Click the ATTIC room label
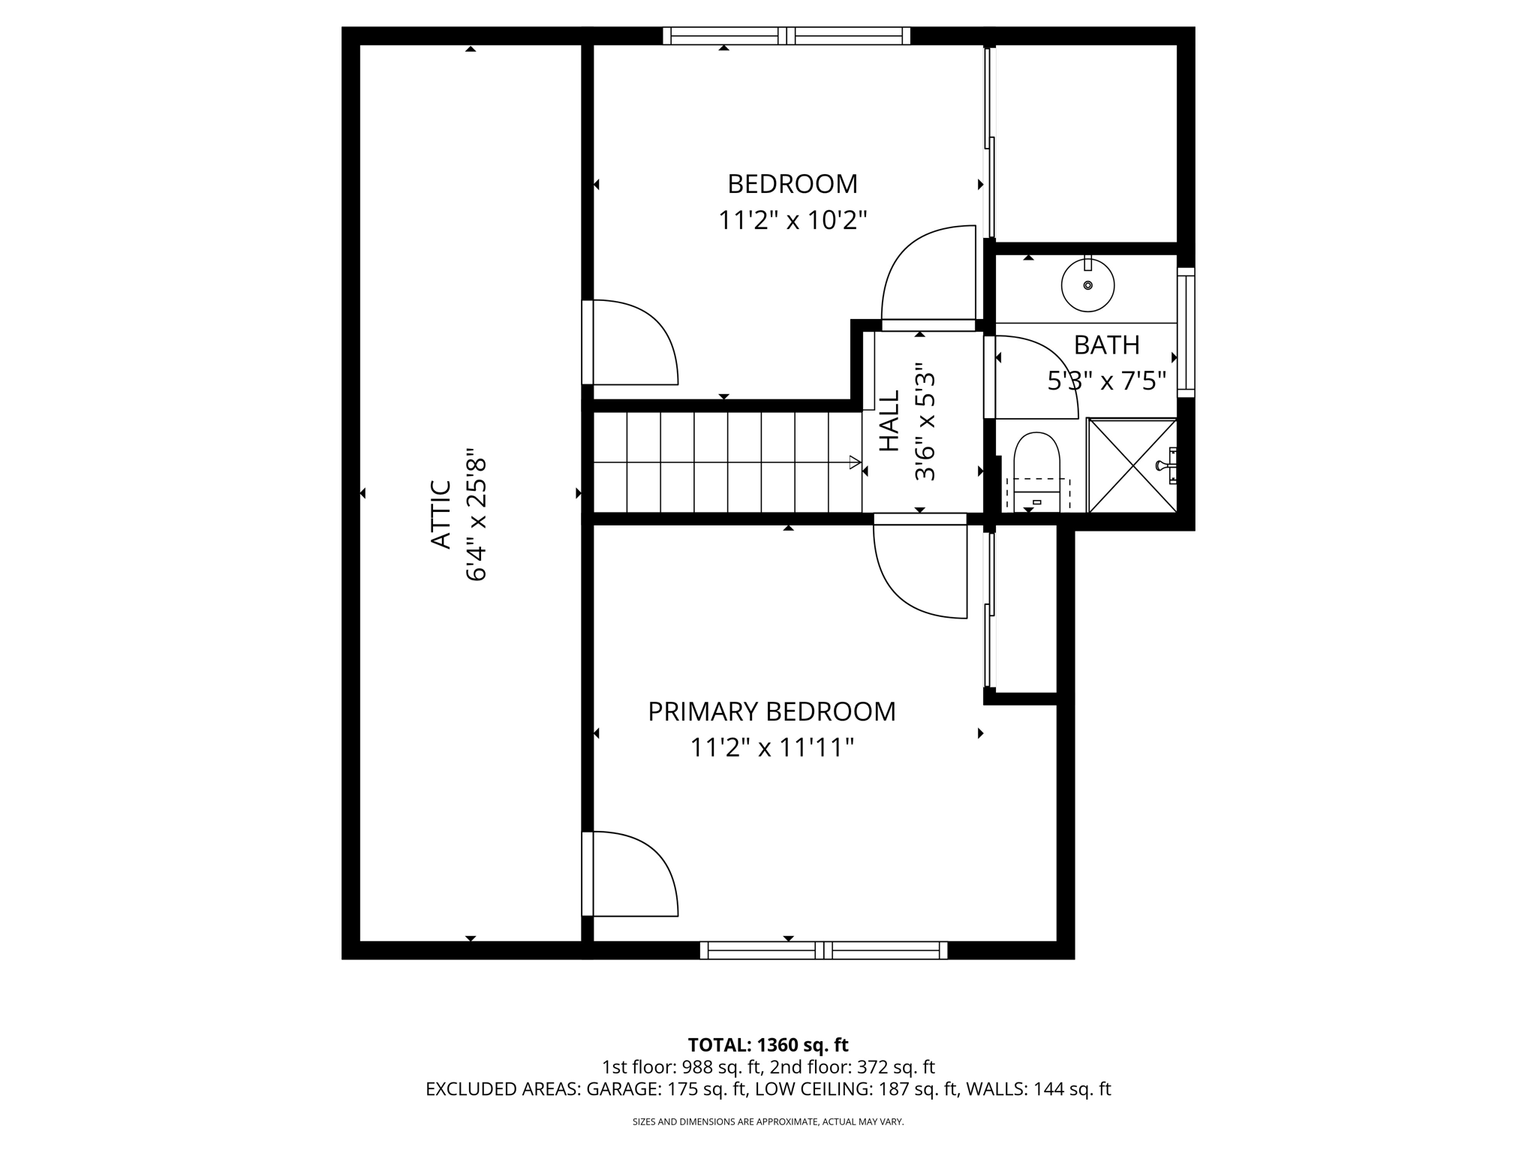click(441, 515)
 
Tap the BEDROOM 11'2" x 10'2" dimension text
click(793, 221)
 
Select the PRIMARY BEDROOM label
click(772, 712)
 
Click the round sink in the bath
click(1087, 285)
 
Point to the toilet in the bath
click(1036, 469)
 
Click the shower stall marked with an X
click(1132, 466)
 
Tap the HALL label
click(889, 431)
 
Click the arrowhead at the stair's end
click(855, 462)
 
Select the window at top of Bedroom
click(787, 35)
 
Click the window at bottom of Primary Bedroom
click(823, 950)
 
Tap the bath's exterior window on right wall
click(1185, 333)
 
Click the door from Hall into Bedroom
click(931, 278)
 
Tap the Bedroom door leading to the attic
click(630, 342)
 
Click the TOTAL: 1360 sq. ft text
click(768, 1045)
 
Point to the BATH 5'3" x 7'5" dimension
click(1106, 382)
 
